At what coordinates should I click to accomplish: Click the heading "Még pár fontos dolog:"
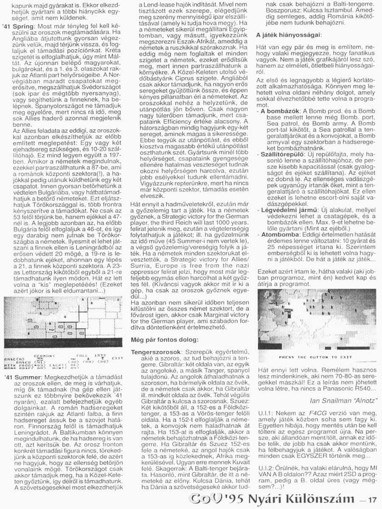(x=162, y=340)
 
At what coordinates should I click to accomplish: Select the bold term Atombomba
(x=278, y=234)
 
